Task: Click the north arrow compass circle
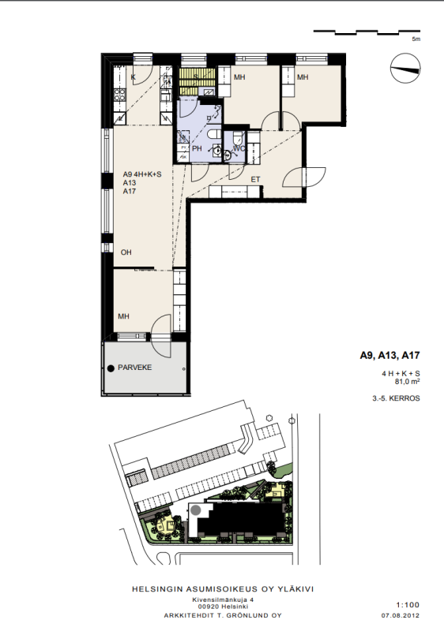(x=405, y=69)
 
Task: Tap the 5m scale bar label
(x=416, y=39)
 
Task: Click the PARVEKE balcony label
(x=134, y=368)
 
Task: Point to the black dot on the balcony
(x=111, y=368)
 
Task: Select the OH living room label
(x=126, y=252)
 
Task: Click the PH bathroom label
(x=197, y=148)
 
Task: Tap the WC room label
(x=239, y=149)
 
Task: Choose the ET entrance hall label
(x=255, y=180)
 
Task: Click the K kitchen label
(x=133, y=77)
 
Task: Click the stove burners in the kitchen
(x=119, y=95)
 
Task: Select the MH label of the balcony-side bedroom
(x=124, y=316)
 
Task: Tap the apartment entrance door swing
(x=304, y=177)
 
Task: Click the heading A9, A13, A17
(x=389, y=356)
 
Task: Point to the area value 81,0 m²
(x=407, y=382)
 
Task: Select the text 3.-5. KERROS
(x=396, y=398)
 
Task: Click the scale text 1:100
(x=408, y=604)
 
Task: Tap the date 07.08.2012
(x=401, y=615)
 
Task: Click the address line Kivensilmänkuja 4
(x=223, y=599)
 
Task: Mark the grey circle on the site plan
(x=196, y=510)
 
